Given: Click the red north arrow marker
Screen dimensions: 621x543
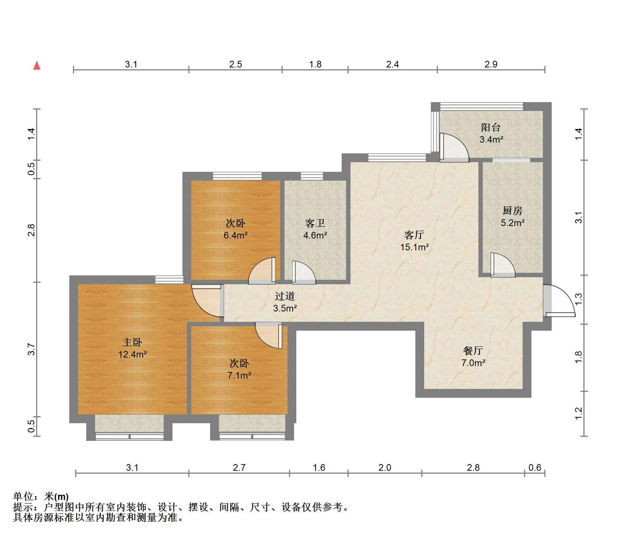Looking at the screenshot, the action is point(37,66).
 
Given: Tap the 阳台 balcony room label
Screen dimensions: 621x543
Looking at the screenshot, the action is point(491,128).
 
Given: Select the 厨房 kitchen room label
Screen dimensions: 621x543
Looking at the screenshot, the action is point(512,210).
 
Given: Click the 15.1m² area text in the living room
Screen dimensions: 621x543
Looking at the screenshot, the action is point(414,247).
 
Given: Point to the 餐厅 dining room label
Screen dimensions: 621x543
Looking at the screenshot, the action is point(473,350).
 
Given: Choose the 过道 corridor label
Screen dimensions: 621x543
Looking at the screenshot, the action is point(285,296).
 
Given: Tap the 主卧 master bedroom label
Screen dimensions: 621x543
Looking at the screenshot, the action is point(132,342).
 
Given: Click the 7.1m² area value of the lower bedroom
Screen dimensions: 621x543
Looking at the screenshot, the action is point(239,375).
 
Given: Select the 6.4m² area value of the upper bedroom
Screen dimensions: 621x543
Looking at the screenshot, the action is point(236,235).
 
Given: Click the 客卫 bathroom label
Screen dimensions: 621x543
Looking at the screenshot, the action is point(315,223).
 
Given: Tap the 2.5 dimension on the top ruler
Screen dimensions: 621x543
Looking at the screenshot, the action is point(236,65).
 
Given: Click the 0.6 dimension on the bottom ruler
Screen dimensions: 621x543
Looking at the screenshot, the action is point(535,468).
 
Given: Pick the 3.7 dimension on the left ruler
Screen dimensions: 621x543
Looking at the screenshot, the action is point(32,349).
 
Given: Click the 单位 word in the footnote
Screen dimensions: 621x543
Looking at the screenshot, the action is point(23,497).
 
